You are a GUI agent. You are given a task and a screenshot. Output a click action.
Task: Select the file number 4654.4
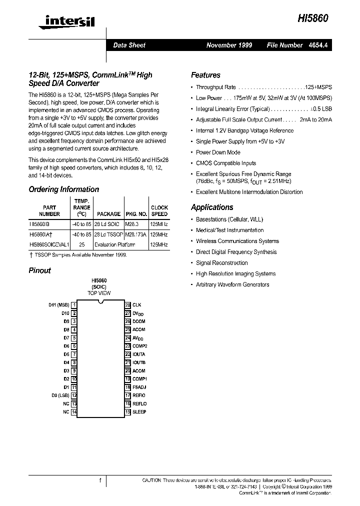319,45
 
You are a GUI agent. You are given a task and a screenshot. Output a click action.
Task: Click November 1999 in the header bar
229,45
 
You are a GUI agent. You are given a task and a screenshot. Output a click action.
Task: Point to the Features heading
205,75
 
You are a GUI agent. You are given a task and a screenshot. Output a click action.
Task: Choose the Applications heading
212,207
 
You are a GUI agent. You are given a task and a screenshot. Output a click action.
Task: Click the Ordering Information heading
63,189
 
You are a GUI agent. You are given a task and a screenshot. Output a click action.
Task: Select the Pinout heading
39,270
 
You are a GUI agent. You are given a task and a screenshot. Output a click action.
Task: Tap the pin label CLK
136,304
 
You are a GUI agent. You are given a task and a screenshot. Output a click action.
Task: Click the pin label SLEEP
139,411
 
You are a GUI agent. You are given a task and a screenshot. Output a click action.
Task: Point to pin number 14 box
74,411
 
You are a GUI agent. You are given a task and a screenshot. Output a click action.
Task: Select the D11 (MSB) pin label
59,304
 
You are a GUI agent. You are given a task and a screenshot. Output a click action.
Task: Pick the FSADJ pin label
139,387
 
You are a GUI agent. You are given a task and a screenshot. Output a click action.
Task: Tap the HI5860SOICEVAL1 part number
49,244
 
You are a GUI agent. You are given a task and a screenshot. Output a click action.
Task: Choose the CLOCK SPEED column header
159,210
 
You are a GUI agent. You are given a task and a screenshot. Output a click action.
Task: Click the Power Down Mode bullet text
218,152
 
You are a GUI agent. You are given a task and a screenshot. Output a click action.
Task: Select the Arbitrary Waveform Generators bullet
232,284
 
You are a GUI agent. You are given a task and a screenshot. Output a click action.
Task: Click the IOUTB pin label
139,362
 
